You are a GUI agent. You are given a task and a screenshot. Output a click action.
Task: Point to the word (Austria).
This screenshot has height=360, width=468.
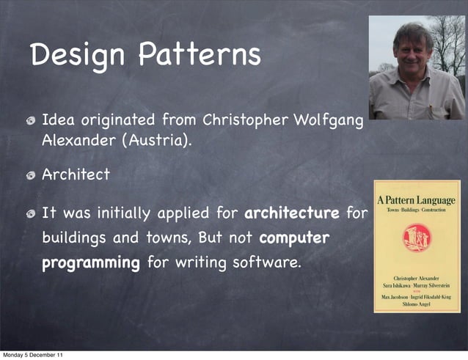click(161, 139)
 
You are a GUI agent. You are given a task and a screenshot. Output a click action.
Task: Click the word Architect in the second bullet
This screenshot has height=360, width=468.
click(76, 175)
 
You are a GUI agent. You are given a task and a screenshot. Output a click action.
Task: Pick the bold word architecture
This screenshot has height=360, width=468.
click(291, 214)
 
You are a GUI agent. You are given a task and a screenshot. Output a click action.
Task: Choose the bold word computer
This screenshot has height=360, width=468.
click(294, 239)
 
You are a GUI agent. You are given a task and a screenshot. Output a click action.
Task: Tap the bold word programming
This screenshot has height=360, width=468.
click(91, 262)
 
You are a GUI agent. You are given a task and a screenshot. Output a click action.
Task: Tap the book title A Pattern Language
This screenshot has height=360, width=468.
click(416, 199)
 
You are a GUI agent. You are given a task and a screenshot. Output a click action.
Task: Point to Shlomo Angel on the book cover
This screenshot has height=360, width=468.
click(416, 304)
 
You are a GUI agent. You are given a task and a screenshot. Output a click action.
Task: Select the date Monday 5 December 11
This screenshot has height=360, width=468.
click(32, 355)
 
